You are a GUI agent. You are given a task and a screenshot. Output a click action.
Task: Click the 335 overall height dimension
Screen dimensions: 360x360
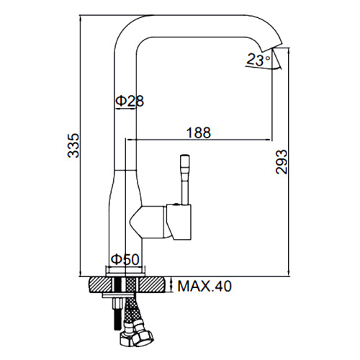pyautogui.click(x=73, y=145)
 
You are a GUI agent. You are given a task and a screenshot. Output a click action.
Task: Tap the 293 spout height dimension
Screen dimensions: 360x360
pyautogui.click(x=282, y=162)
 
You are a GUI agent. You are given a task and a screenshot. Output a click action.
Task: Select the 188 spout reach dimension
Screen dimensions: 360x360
pyautogui.click(x=199, y=132)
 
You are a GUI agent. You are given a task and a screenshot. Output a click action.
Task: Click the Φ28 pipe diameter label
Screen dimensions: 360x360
pyautogui.click(x=130, y=101)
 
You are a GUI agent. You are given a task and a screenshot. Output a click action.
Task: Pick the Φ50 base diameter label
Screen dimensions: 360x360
pyautogui.click(x=125, y=259)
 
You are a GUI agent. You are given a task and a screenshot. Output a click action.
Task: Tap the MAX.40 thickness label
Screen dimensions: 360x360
pyautogui.click(x=204, y=286)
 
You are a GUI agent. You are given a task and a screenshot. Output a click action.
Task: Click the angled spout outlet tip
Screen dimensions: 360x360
pyautogui.click(x=272, y=48)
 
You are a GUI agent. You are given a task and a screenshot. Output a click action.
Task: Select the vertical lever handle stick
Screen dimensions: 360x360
pyautogui.click(x=185, y=180)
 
